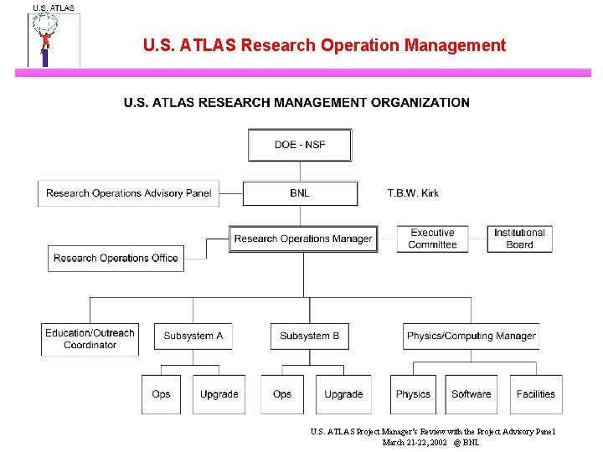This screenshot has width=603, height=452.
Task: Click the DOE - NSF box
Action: tap(300, 145)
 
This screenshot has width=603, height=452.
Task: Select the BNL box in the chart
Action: tap(300, 193)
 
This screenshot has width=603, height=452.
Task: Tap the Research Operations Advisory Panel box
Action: tap(129, 193)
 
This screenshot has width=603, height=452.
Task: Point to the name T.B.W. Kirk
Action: tap(413, 193)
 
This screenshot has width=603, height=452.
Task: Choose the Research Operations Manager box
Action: tap(303, 239)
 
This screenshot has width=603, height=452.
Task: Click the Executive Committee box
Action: tap(432, 239)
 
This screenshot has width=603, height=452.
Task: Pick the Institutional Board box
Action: tap(519, 239)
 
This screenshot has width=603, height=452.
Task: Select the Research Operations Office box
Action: tap(116, 258)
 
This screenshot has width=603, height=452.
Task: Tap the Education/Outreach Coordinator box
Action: tap(90, 338)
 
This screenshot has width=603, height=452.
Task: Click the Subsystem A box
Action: tap(193, 336)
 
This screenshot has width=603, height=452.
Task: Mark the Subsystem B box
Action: tap(309, 336)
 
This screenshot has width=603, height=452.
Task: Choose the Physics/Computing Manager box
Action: tap(471, 336)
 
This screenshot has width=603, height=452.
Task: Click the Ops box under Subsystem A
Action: tap(162, 393)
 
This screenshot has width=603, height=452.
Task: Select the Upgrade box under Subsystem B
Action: tap(343, 393)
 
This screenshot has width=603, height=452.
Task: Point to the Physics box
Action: tap(413, 393)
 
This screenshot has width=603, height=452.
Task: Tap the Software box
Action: tap(471, 393)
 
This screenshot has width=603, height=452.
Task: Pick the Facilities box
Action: tap(535, 393)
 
